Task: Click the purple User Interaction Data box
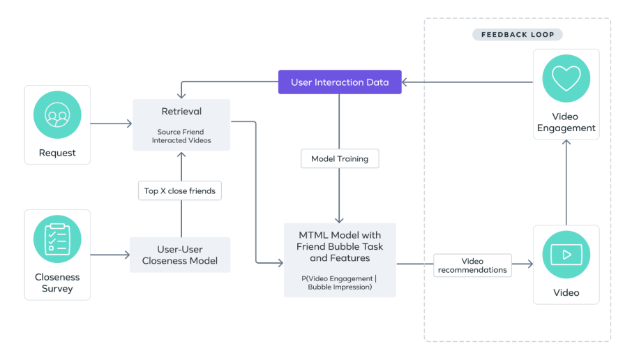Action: point(340,82)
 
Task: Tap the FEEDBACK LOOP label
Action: point(517,34)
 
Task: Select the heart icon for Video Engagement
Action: point(566,78)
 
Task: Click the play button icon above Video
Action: point(566,255)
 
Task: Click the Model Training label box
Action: point(340,159)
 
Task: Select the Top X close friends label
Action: point(179,190)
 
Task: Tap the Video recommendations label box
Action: point(472,265)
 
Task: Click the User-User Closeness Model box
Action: point(180,255)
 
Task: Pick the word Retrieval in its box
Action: point(181,112)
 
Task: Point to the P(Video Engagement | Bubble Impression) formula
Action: point(340,283)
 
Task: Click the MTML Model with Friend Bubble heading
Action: point(340,246)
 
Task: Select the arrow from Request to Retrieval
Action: point(112,124)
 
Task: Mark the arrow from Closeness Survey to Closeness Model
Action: point(110,255)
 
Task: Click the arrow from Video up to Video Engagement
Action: point(566,181)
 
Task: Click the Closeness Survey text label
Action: point(57,283)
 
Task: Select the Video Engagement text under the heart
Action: point(566,122)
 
